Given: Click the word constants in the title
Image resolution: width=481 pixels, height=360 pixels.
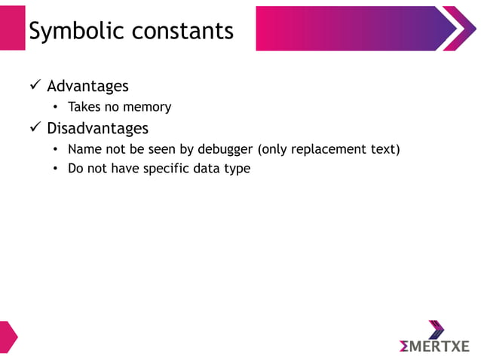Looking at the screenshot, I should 182,30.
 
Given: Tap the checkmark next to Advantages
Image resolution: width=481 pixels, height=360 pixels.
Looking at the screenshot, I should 35,86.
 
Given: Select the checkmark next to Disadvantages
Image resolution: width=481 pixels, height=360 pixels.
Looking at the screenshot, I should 35,128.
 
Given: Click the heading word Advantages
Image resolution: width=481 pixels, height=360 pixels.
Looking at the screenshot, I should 87,86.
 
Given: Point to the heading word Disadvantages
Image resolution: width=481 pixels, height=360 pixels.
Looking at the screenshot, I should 97,128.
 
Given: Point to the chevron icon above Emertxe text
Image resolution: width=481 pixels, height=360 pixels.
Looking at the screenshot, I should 436,329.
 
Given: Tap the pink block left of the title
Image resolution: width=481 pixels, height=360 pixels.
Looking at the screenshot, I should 12,28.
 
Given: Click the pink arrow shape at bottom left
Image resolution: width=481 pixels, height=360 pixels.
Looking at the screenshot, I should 7,336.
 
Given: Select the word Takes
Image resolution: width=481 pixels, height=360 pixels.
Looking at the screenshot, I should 84,108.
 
